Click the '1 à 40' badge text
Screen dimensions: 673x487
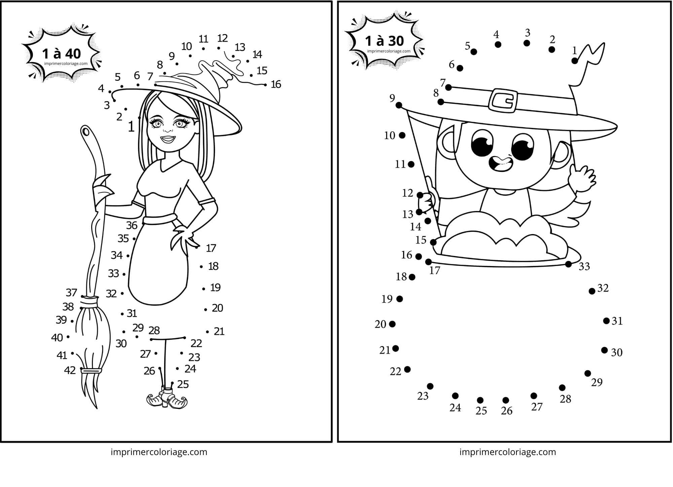(62, 54)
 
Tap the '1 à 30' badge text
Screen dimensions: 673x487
(384, 41)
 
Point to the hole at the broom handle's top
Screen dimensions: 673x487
(85, 130)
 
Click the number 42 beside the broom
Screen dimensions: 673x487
(70, 370)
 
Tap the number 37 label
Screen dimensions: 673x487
(71, 293)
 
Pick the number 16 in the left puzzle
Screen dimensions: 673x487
(276, 84)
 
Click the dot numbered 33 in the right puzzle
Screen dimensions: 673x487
(568, 264)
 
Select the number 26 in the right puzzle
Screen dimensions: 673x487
(506, 411)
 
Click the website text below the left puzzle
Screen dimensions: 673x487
(159, 452)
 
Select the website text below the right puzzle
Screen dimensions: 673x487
(508, 452)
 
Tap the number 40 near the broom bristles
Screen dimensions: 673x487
(57, 338)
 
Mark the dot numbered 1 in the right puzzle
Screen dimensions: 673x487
(575, 61)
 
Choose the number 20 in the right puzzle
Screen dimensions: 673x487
(380, 324)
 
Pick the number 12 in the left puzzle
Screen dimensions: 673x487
(222, 38)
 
